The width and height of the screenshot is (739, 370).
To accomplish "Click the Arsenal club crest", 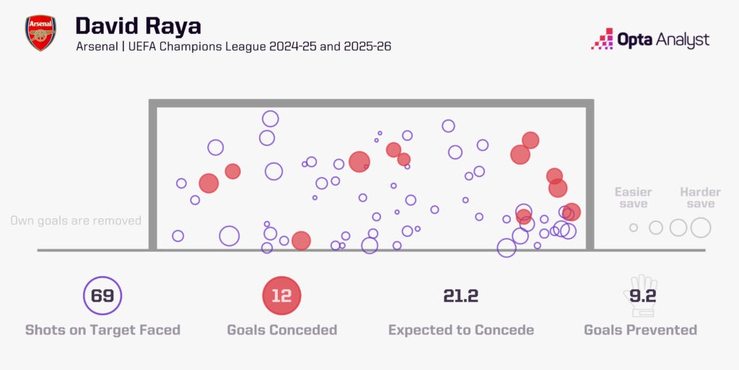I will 40,33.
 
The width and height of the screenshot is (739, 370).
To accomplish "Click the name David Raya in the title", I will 138,25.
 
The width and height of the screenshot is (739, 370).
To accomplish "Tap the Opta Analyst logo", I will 650,39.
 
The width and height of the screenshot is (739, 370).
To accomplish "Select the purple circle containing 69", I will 102,296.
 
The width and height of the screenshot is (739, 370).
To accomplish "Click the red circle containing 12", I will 281,296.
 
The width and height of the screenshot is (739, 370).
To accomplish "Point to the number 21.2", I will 460,296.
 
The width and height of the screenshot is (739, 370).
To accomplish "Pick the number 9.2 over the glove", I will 639,295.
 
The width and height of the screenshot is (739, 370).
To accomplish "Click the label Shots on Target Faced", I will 102,330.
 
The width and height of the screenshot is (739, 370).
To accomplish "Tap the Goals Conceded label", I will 281,330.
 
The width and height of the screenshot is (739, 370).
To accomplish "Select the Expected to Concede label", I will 460,330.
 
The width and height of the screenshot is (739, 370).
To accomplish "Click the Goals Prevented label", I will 640,330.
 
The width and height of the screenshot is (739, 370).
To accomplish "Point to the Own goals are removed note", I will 76,220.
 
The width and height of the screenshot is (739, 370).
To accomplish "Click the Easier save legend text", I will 633,198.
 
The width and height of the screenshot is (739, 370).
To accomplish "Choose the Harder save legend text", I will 700,198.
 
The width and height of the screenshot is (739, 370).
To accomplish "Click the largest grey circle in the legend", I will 701,228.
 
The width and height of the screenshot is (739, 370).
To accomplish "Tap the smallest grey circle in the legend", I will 634,228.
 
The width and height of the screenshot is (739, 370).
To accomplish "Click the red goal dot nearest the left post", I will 209,183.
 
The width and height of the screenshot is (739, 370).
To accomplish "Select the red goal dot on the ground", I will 301,241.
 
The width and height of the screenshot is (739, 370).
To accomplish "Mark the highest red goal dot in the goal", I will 530,140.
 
